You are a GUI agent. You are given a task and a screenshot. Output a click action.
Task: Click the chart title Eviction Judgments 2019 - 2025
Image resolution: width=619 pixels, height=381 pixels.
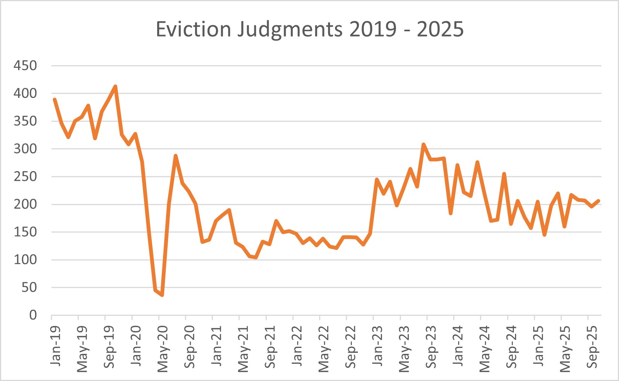pyautogui.click(x=309, y=29)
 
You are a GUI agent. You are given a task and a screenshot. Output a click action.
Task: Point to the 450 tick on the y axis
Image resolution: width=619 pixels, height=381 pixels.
pyautogui.click(x=25, y=66)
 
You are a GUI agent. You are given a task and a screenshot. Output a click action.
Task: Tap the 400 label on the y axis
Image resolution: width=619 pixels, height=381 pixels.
pyautogui.click(x=25, y=93)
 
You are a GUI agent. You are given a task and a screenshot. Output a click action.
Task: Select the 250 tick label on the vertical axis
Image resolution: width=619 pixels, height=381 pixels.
pyautogui.click(x=25, y=176)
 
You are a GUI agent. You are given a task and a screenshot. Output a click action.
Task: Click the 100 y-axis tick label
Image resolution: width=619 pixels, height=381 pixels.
pyautogui.click(x=25, y=260)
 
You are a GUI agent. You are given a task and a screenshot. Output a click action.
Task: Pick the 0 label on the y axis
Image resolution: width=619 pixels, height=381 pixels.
pyautogui.click(x=33, y=315)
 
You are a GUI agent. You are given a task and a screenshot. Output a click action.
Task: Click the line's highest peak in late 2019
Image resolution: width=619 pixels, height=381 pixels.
pyautogui.click(x=115, y=86)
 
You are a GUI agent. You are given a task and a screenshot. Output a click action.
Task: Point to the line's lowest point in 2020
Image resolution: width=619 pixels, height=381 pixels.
pyautogui.click(x=162, y=295)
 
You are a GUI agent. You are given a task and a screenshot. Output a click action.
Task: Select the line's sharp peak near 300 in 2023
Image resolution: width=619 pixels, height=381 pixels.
pyautogui.click(x=423, y=144)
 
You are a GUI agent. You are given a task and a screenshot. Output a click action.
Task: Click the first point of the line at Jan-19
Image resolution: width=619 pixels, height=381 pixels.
pyautogui.click(x=55, y=99)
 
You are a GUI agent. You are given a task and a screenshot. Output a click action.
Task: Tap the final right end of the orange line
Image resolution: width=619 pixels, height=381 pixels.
pyautogui.click(x=598, y=201)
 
